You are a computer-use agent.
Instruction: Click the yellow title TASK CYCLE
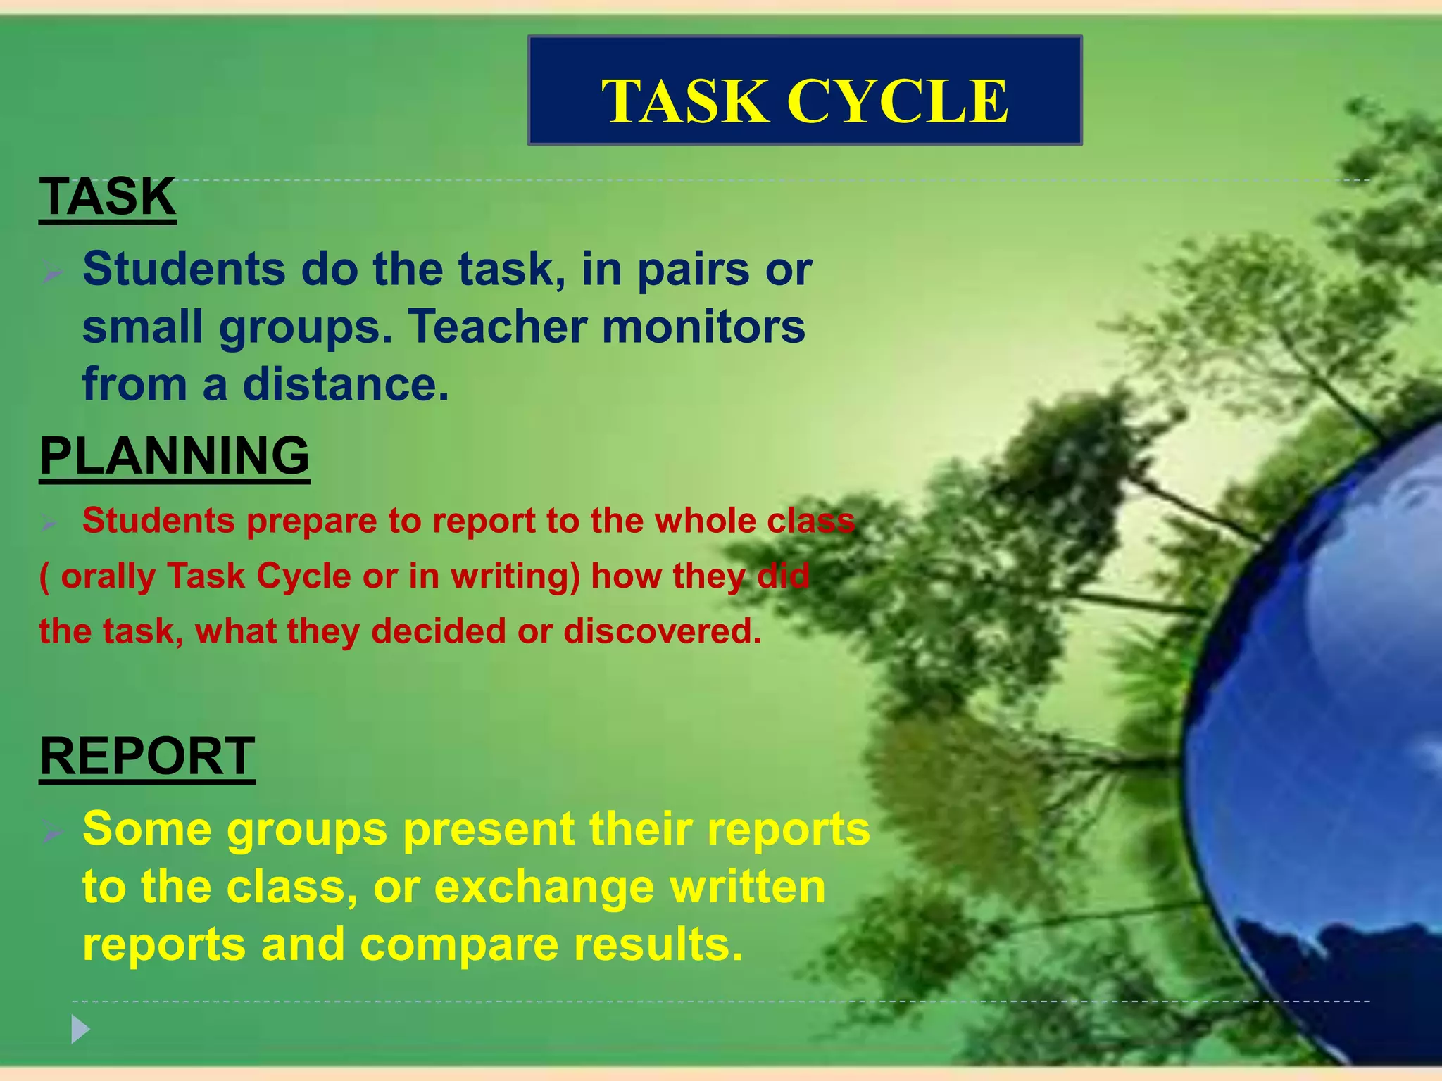805,101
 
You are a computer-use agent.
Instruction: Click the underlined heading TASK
108,196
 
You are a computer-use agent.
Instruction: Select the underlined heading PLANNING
175,456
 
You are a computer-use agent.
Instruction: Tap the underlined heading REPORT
147,756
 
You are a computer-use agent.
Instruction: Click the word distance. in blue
346,385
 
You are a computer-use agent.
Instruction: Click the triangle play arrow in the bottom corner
80,1030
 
